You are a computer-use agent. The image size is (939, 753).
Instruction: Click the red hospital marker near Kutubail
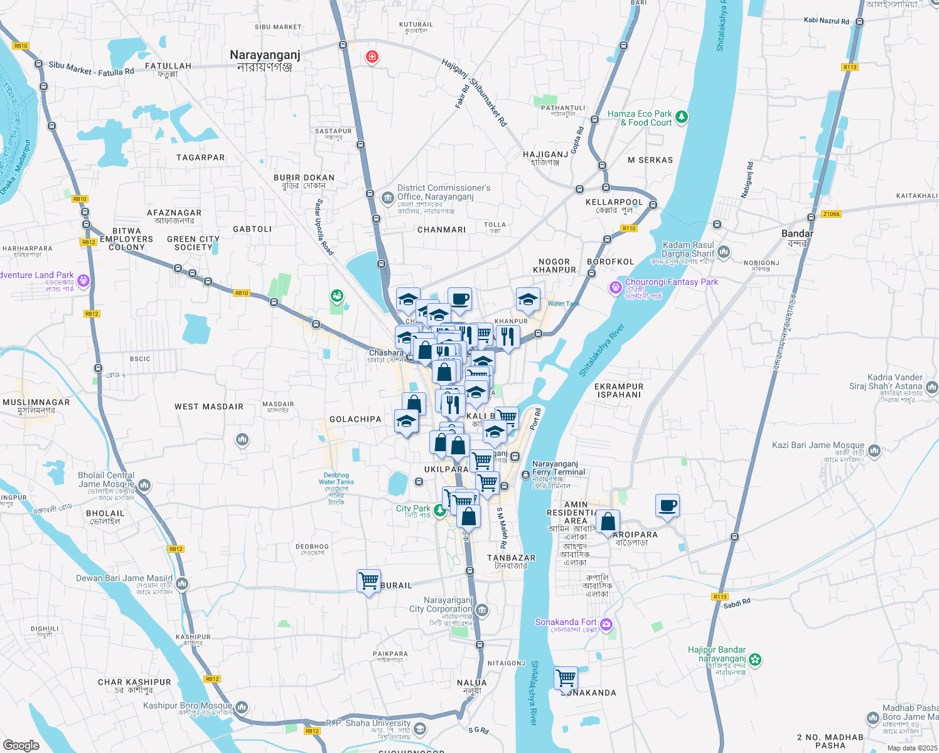click(x=372, y=58)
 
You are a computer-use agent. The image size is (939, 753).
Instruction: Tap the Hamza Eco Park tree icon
click(x=682, y=117)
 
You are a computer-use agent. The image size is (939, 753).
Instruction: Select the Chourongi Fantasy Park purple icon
click(x=615, y=287)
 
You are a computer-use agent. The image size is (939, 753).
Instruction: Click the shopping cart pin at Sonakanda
click(x=566, y=678)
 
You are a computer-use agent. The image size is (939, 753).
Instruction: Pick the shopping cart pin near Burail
click(x=368, y=580)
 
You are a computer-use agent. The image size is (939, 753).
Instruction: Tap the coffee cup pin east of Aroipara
click(x=667, y=505)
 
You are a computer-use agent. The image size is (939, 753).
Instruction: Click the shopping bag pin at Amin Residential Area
click(x=608, y=521)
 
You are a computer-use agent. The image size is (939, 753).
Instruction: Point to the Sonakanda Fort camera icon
click(x=606, y=624)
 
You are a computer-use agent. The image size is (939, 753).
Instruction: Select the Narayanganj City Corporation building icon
click(x=482, y=609)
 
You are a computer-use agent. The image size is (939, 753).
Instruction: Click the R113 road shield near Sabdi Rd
click(x=720, y=597)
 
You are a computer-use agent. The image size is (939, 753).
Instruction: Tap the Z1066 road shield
click(x=831, y=214)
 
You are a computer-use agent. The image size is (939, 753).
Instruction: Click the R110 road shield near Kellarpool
click(x=630, y=228)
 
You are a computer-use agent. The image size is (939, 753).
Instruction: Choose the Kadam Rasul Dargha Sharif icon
click(x=724, y=252)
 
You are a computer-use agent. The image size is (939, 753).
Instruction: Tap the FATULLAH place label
click(x=168, y=66)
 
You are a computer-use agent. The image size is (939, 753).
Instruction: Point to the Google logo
click(x=21, y=745)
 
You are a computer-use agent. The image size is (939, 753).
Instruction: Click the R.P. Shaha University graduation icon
click(x=420, y=729)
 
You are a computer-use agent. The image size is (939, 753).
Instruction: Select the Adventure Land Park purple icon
click(x=83, y=280)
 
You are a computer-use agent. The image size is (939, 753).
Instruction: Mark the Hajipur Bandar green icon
click(x=756, y=660)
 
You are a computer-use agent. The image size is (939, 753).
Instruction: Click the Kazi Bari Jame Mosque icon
click(x=874, y=451)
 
